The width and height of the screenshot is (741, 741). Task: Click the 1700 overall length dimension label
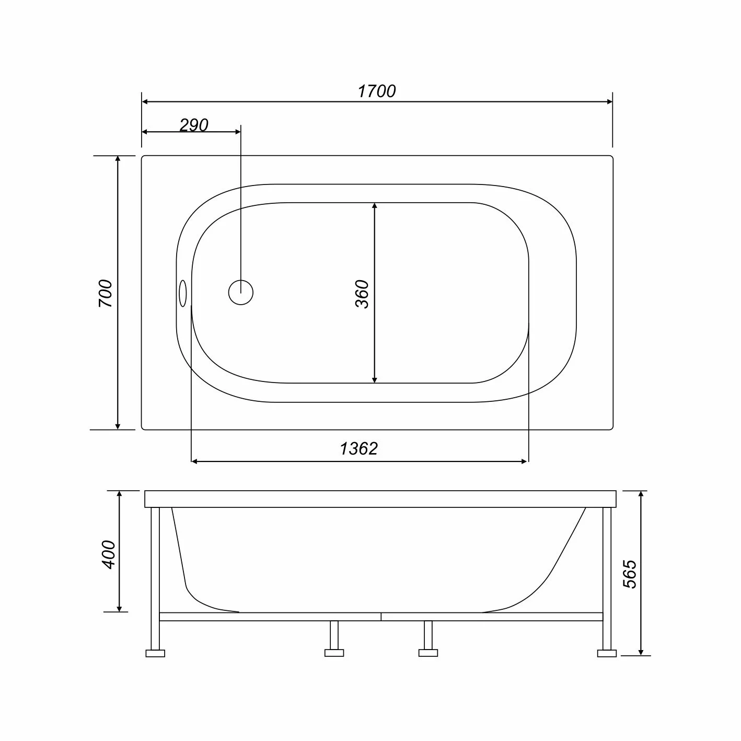[376, 91]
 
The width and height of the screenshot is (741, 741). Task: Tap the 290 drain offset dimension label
[194, 125]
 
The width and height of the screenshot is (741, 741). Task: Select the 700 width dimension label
[106, 293]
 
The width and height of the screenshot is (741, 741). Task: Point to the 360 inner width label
[362, 294]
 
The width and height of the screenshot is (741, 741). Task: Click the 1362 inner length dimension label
[359, 448]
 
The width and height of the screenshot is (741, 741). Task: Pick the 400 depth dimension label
[109, 554]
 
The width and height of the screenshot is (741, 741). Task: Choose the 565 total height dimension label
[630, 574]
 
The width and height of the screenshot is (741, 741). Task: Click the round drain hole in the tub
[241, 293]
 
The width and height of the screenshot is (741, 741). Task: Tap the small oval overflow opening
[183, 293]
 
